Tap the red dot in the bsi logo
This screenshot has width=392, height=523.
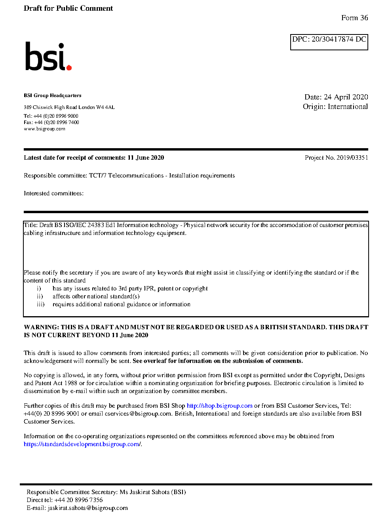pyautogui.click(x=69, y=67)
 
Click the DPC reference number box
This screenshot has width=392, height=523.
pyautogui.click(x=329, y=42)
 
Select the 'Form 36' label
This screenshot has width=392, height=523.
pyautogui.click(x=354, y=18)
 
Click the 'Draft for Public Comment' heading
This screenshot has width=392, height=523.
pyautogui.click(x=68, y=8)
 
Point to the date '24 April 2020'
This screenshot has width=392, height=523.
pyautogui.click(x=346, y=97)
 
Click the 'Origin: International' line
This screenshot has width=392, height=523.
pyautogui.click(x=335, y=107)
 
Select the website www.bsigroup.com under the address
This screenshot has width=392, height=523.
pyautogui.click(x=44, y=129)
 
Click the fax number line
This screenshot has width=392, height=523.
pyautogui.click(x=51, y=122)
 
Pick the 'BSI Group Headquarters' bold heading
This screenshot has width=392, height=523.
pyautogui.click(x=52, y=95)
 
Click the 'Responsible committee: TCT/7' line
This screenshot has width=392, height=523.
pyautogui.click(x=129, y=176)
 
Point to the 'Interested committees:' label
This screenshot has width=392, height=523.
pyautogui.click(x=53, y=193)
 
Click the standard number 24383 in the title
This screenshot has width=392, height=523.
pyautogui.click(x=96, y=225)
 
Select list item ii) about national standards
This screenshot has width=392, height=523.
pyautogui.click(x=96, y=296)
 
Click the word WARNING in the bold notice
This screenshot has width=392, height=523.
pyautogui.click(x=41, y=327)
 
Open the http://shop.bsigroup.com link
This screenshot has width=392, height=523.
pyautogui.click(x=219, y=406)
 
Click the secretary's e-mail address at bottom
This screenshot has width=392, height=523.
pyautogui.click(x=88, y=508)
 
